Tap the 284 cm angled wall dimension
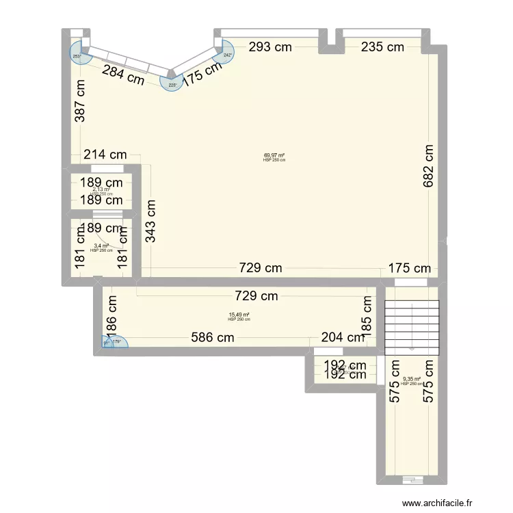123,74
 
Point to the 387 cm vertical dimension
81,101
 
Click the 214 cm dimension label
104,155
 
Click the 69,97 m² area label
274,155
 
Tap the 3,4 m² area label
101,246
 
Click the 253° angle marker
77,56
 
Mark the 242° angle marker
228,55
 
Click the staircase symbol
412,326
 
